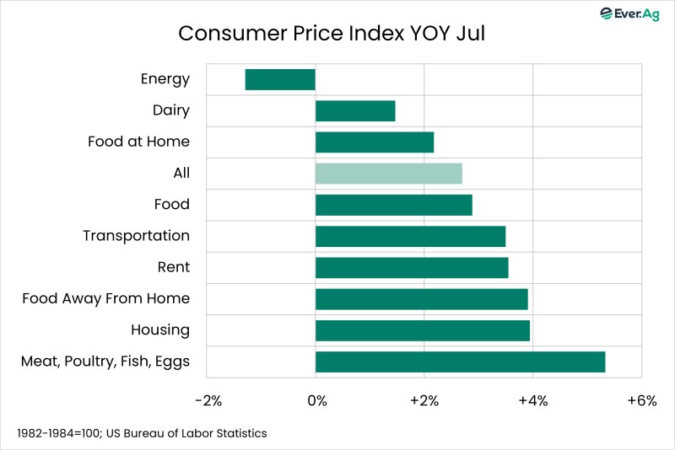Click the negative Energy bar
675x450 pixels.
pyautogui.click(x=280, y=79)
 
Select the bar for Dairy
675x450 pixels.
pyautogui.click(x=355, y=110)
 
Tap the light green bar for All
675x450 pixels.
pyautogui.click(x=389, y=174)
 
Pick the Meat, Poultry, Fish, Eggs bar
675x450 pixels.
pyautogui.click(x=460, y=362)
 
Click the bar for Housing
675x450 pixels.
pyautogui.click(x=423, y=330)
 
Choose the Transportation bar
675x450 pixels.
pyautogui.click(x=410, y=236)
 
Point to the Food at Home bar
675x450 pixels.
pyautogui.click(x=375, y=142)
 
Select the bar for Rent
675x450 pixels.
pyautogui.click(x=412, y=267)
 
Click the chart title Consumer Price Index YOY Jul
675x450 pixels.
pyautogui.click(x=332, y=35)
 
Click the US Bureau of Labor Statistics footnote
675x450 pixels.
pyautogui.click(x=142, y=433)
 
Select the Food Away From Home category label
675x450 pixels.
pyautogui.click(x=105, y=298)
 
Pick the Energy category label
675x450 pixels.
pyautogui.click(x=165, y=79)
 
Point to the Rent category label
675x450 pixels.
pyautogui.click(x=173, y=267)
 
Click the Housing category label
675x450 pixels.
pyautogui.click(x=160, y=330)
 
